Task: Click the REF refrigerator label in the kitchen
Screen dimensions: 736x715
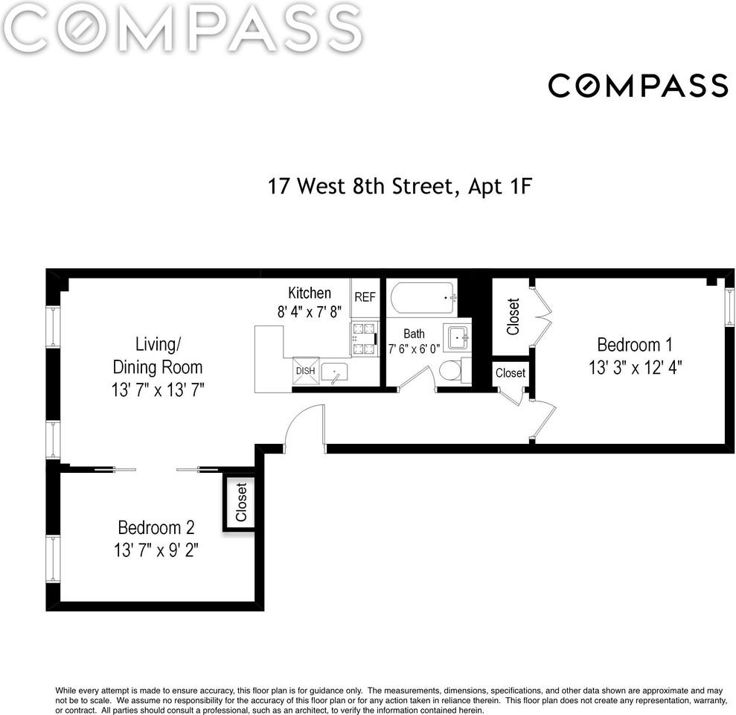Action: pos(365,297)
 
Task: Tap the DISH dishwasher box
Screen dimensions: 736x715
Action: pos(306,371)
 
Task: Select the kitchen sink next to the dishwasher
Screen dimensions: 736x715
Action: pos(334,373)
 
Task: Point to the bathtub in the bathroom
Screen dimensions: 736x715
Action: pos(423,298)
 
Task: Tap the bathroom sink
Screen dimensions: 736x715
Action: pos(458,337)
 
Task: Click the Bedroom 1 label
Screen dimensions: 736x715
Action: pos(635,345)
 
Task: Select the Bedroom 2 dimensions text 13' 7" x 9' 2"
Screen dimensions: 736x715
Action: pos(156,550)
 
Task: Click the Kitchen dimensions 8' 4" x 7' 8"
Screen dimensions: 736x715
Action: pos(310,311)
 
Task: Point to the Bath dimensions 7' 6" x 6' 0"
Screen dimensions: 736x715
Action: pos(414,349)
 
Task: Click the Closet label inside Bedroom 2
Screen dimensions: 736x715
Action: pos(241,502)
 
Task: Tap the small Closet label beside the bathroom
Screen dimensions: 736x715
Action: pos(511,373)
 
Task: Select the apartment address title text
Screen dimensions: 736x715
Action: pos(400,186)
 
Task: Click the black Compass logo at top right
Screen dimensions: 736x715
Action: pos(638,86)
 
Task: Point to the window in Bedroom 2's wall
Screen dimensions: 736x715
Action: pos(53,559)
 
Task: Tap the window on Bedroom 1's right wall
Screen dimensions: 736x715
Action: pos(729,308)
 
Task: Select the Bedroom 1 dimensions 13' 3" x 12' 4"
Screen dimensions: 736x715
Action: pos(635,367)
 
